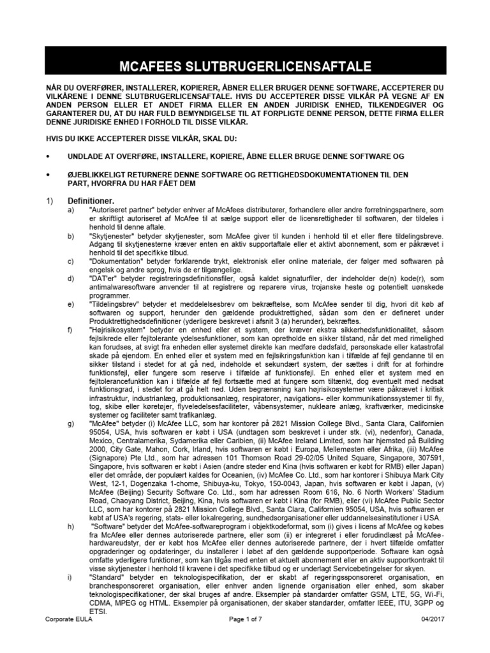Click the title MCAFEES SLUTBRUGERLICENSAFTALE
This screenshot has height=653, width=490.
click(245, 67)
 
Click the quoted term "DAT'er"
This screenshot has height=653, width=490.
click(105, 279)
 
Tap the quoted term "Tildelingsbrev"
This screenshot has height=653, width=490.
click(114, 304)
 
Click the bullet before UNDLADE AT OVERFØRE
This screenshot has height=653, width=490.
click(49, 156)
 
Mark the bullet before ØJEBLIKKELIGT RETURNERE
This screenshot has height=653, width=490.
click(49, 174)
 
